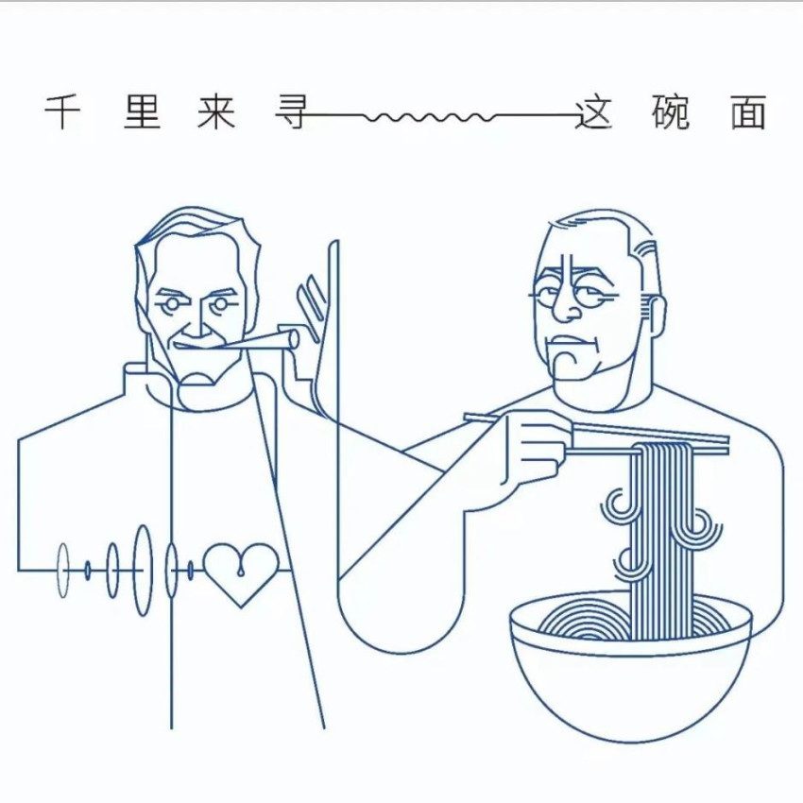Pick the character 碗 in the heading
[x=671, y=112]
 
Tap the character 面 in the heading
[x=748, y=112]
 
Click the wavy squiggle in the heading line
[x=430, y=117]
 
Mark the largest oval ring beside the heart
[x=143, y=570]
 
